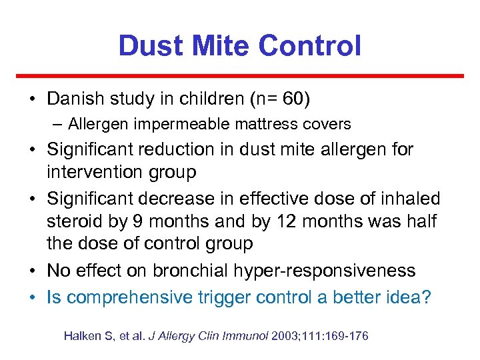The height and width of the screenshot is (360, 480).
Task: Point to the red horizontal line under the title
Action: [x=239, y=76]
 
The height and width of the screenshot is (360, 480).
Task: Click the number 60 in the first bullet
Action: [x=291, y=99]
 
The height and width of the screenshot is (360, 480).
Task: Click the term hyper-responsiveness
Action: [x=327, y=271]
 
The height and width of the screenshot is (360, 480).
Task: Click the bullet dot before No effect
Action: [x=33, y=271]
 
